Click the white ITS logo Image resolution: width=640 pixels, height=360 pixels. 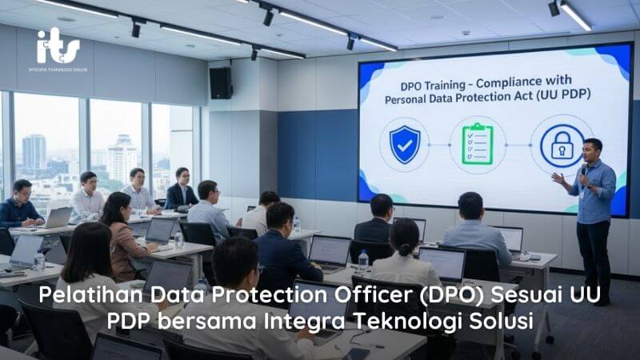[x=58, y=47]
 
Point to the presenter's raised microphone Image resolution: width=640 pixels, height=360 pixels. [x=584, y=170]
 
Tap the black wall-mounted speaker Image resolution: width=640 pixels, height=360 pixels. [x=220, y=82]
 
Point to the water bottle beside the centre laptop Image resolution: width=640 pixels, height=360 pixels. [x=363, y=261]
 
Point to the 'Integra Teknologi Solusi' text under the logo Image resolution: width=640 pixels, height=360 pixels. [x=58, y=70]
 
